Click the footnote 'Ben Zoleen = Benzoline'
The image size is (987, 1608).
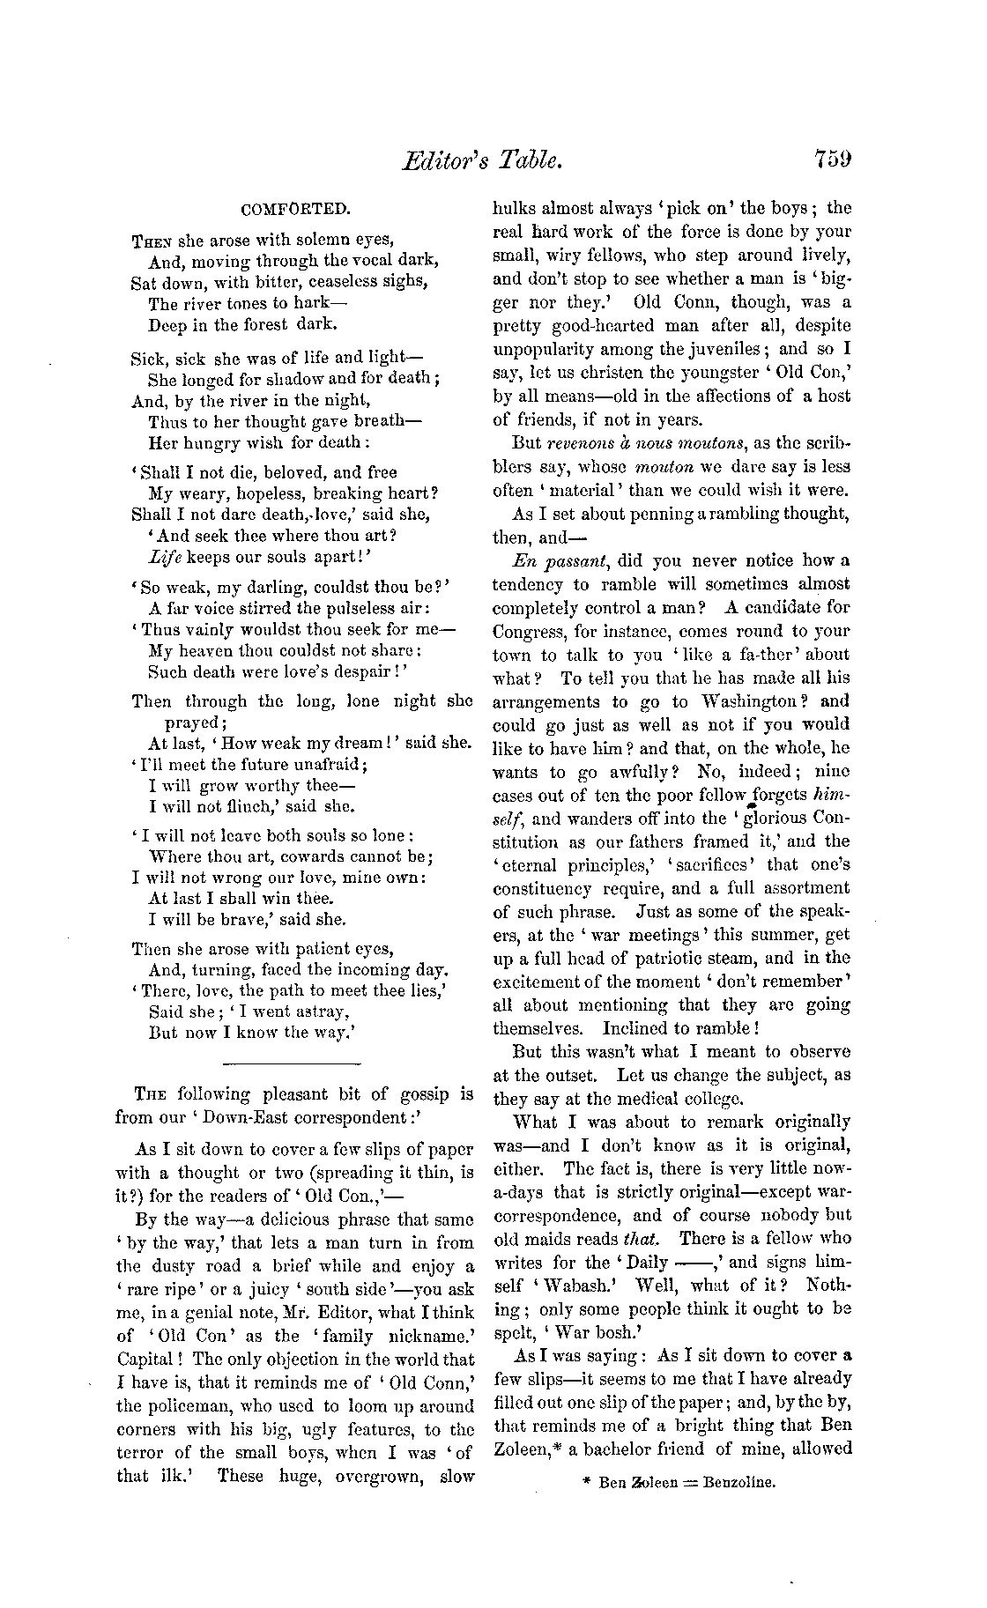(686, 1483)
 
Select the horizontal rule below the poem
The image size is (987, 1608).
(293, 1063)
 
